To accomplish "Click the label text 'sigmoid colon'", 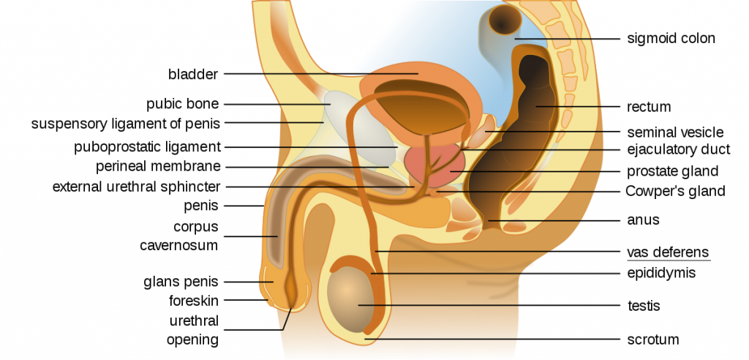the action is [x=671, y=38].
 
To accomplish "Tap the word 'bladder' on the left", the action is [x=193, y=74].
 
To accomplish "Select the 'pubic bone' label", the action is [x=182, y=104].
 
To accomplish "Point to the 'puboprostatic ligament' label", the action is [x=147, y=147].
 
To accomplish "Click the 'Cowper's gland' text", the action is [x=675, y=191].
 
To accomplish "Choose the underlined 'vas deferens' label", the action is [x=668, y=252].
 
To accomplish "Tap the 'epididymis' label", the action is [x=661, y=273].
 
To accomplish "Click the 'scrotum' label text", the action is [x=653, y=340].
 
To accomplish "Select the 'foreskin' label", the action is [x=193, y=301].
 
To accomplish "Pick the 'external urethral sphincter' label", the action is [x=137, y=187].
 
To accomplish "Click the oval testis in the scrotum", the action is [x=350, y=299].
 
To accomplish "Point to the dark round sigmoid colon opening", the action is [x=505, y=20].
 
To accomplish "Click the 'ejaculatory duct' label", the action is [x=678, y=150].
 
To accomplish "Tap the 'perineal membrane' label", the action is [x=158, y=166].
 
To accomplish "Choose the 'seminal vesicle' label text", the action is [x=675, y=132].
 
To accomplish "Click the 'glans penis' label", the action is [x=181, y=282].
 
